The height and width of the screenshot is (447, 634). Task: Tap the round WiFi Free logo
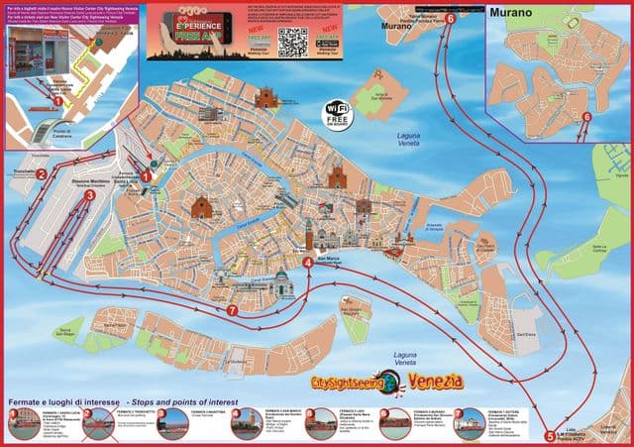pyautogui.click(x=338, y=114)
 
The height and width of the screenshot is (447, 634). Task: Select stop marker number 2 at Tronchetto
pyautogui.click(x=42, y=174)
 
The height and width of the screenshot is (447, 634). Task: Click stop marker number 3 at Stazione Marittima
pyautogui.click(x=90, y=196)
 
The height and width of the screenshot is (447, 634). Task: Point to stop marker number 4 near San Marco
pyautogui.click(x=309, y=263)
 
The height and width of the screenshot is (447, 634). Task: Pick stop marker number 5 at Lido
pyautogui.click(x=551, y=434)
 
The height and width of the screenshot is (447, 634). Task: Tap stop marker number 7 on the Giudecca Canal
pyautogui.click(x=232, y=310)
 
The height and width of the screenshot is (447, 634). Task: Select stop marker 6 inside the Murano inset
pyautogui.click(x=586, y=117)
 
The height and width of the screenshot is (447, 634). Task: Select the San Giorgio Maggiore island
pyautogui.click(x=353, y=319)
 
